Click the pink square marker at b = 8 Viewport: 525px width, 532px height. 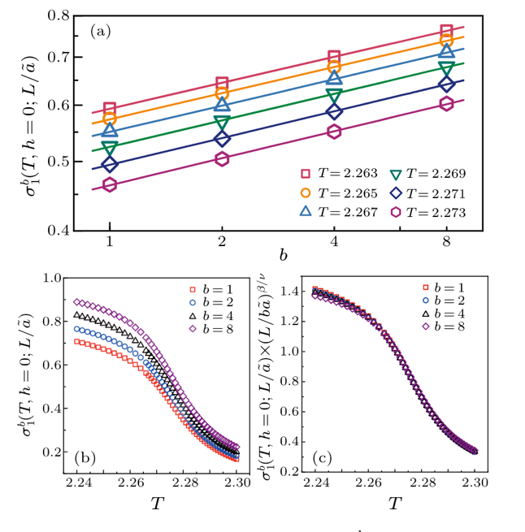pos(446,32)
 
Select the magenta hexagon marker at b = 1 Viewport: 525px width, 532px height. pos(110,184)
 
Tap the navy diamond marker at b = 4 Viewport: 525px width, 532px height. pos(334,111)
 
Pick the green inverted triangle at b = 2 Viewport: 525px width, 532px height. pos(222,123)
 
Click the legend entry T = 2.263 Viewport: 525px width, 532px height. pos(337,173)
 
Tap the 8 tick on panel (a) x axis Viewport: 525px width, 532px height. pos(446,243)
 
